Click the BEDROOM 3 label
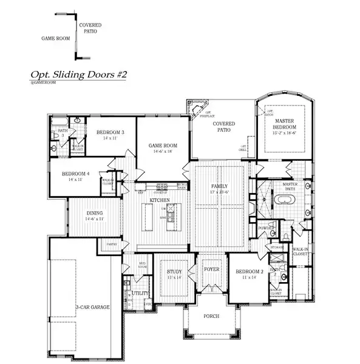coord(110,133)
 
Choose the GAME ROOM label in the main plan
coord(163,146)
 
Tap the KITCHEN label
coord(160,200)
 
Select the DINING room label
coord(94,213)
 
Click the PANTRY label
coord(112,244)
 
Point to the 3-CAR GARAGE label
coord(93,308)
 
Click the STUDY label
coord(174,272)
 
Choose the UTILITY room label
coord(140,293)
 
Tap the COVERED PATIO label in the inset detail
coord(92,27)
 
